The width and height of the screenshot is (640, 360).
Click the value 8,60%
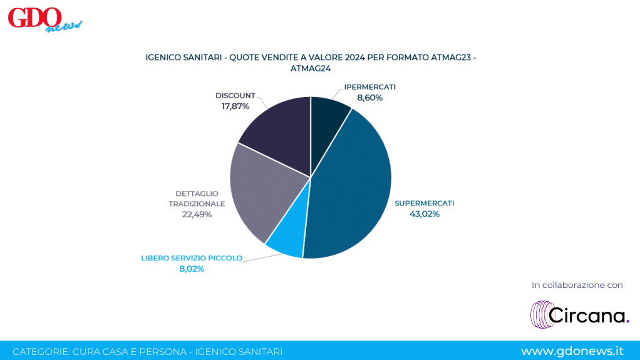coord(370,98)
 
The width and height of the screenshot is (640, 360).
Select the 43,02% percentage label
coord(425,214)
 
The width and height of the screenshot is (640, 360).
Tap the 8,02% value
coord(192,269)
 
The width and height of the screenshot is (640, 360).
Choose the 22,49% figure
coord(197,215)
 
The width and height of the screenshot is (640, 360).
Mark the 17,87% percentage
coord(235,106)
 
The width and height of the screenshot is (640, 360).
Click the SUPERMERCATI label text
coord(424,203)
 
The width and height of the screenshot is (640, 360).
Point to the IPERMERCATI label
coord(370,87)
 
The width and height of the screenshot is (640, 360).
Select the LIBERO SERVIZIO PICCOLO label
coord(192,258)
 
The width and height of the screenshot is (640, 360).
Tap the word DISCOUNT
coord(235,96)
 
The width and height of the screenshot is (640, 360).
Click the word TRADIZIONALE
coord(197,203)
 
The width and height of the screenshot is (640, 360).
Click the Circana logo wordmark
coord(588,315)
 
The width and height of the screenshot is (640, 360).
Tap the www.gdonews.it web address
coord(572,351)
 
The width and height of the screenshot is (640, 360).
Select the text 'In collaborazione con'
coord(577,285)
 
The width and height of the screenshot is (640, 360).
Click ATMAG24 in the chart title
coord(310,69)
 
